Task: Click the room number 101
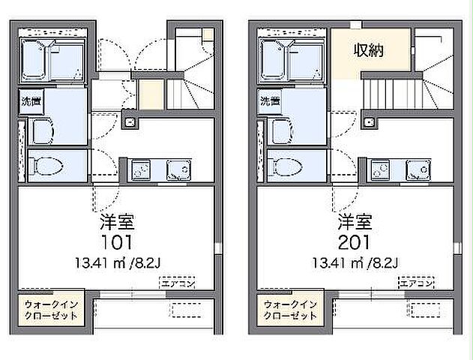pyautogui.click(x=116, y=242)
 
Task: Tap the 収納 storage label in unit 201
pyautogui.click(x=370, y=52)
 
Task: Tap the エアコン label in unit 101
pyautogui.click(x=177, y=283)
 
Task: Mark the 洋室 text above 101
pyautogui.click(x=116, y=222)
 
